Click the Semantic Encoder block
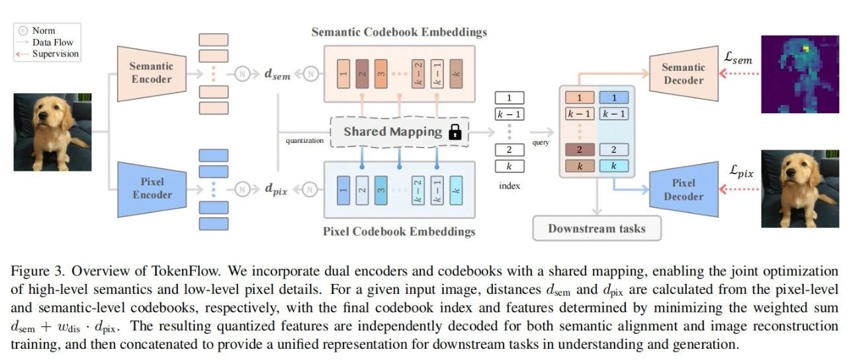152,73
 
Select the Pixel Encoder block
152,189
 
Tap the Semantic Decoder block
684,73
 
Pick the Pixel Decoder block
684,189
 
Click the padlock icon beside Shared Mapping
455,132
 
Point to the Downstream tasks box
597,228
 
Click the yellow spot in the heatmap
806,48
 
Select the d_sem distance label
277,74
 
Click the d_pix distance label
276,189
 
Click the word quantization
304,141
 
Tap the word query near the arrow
541,142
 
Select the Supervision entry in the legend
56,54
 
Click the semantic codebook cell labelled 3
380,73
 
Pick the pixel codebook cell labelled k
456,191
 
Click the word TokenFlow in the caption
185,271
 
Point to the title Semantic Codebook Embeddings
399,32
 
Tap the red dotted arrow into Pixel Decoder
739,189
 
